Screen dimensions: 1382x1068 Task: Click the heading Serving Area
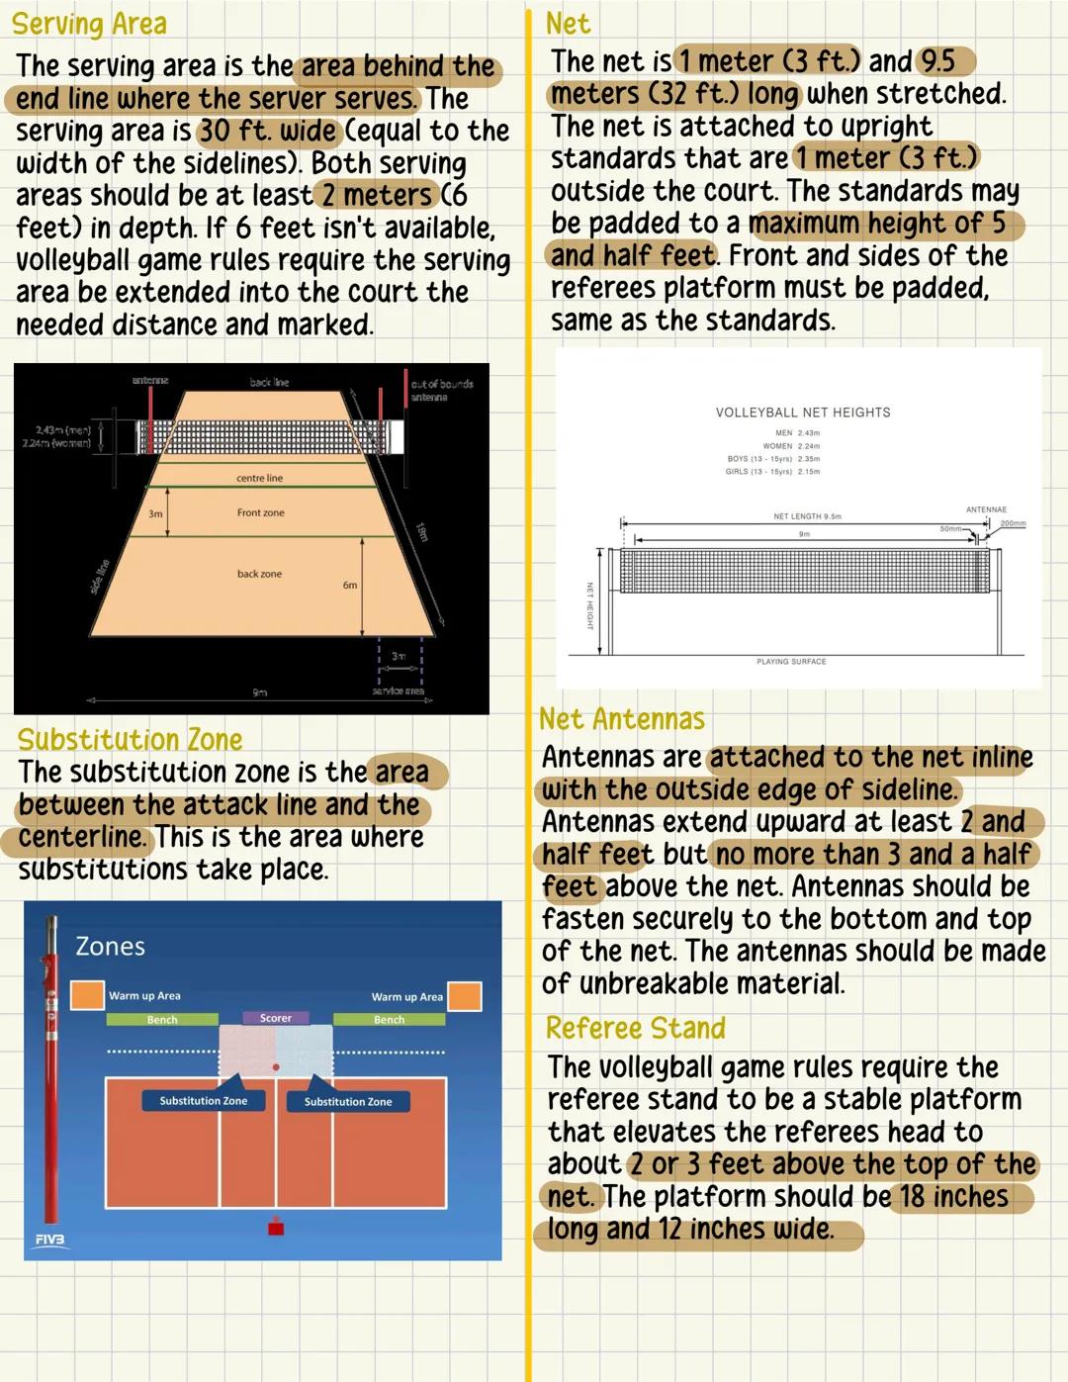click(89, 24)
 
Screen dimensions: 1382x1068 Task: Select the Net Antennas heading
click(622, 719)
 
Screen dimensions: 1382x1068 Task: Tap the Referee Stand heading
click(635, 1029)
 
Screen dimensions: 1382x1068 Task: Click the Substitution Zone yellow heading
click(130, 740)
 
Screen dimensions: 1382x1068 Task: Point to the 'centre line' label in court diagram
click(259, 478)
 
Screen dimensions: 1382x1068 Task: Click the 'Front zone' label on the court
click(260, 512)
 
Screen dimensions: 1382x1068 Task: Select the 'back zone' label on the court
click(259, 574)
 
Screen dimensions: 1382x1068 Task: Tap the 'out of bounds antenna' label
click(441, 390)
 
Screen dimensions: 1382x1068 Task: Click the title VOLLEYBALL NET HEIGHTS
click(803, 413)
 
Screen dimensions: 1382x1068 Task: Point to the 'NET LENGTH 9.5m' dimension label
click(807, 516)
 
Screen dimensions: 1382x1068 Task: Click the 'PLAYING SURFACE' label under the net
click(791, 661)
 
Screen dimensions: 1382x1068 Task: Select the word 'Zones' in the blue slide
click(110, 947)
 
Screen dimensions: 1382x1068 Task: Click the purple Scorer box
click(276, 1018)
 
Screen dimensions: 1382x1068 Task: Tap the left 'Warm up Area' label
click(144, 996)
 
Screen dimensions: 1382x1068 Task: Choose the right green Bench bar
click(389, 1020)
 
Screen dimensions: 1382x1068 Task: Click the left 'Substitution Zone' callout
click(204, 1101)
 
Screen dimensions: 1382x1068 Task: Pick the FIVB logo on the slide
click(49, 1240)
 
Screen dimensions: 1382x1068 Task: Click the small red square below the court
click(276, 1229)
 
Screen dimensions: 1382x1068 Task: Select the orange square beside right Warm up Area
click(465, 996)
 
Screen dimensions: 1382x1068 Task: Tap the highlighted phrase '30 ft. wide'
click(268, 131)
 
